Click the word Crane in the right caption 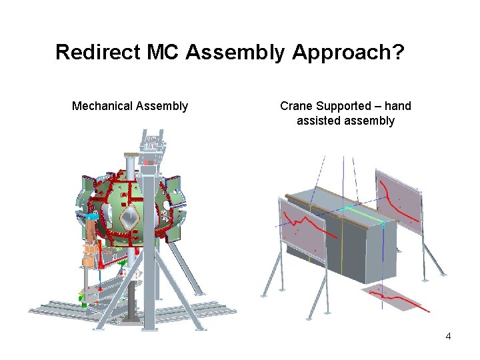[296, 106]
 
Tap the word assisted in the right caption [319, 121]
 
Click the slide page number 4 [448, 336]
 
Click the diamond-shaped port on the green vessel [129, 216]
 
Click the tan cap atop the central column [130, 155]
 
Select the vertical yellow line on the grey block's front [341, 247]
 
